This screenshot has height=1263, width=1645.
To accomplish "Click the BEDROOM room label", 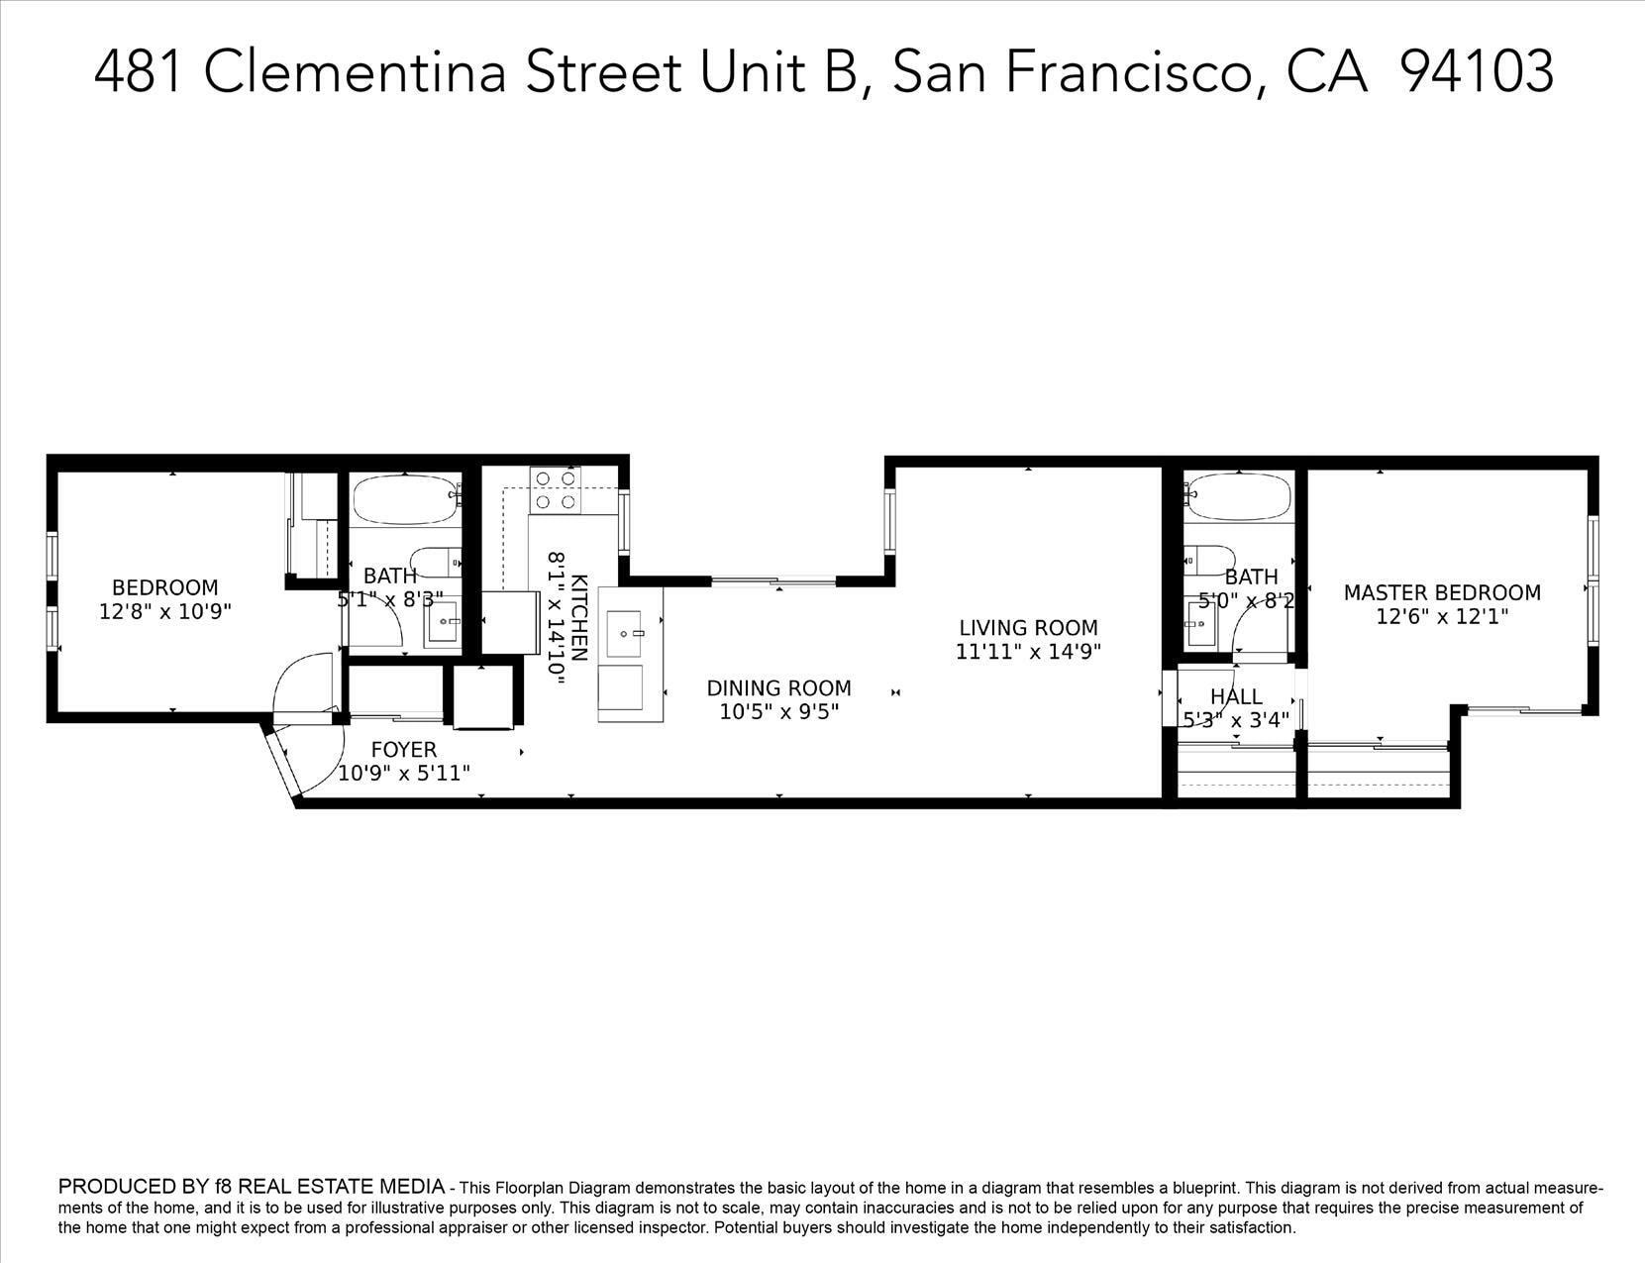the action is [x=165, y=587].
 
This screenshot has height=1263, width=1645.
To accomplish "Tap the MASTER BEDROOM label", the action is [x=1442, y=592].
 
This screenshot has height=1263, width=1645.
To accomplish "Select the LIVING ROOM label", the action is [x=1028, y=628].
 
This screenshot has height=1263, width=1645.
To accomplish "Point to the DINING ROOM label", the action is [x=779, y=688].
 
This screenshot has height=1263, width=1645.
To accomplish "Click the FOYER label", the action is [x=403, y=750].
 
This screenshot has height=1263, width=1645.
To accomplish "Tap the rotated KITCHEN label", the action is [x=579, y=617].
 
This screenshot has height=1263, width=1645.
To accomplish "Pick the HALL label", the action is [x=1236, y=696].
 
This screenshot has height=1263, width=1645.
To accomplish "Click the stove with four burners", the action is [x=556, y=490].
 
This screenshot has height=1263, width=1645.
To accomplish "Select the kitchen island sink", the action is [x=624, y=634].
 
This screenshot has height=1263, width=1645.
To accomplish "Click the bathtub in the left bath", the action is [x=406, y=499].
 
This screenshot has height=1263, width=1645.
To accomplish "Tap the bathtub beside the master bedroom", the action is [x=1239, y=496].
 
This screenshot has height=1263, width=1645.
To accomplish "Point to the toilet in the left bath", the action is [x=436, y=562].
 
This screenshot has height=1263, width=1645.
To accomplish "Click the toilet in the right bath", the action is [x=1209, y=561].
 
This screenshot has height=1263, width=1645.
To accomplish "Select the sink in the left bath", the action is [x=442, y=622].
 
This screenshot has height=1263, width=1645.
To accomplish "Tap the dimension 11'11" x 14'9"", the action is [x=1028, y=651].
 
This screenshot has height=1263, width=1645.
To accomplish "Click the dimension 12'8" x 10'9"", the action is [x=165, y=612].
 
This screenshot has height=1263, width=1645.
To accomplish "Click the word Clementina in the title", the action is [x=355, y=72].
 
